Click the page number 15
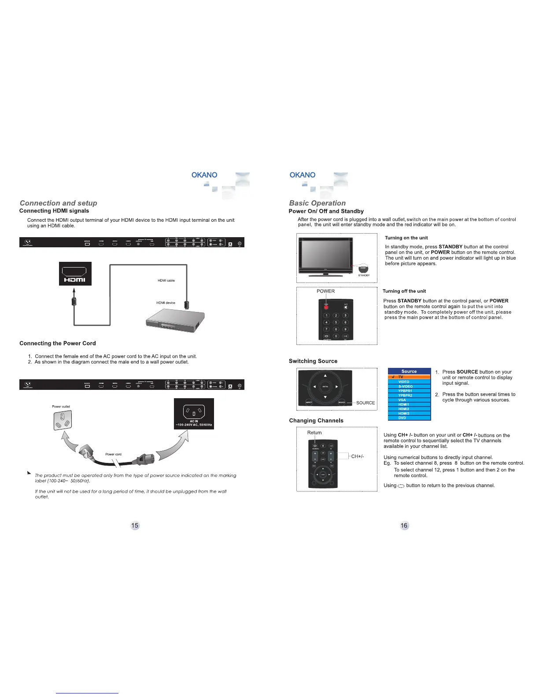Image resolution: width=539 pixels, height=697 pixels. pyautogui.click(x=135, y=525)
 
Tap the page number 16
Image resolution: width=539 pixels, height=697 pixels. pyautogui.click(x=404, y=525)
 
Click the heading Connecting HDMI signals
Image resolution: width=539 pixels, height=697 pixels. pyautogui.click(x=54, y=211)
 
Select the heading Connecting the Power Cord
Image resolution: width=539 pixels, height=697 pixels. pyautogui.click(x=58, y=343)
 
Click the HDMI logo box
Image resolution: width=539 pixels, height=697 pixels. pyautogui.click(x=75, y=274)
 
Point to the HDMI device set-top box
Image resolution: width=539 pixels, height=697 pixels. pyautogui.click(x=175, y=320)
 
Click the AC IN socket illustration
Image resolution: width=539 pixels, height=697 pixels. pyautogui.click(x=194, y=413)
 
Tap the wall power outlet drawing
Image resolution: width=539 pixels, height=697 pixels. pyautogui.click(x=62, y=420)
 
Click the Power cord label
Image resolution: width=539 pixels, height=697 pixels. pyautogui.click(x=113, y=454)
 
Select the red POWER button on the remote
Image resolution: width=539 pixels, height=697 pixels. pyautogui.click(x=326, y=307)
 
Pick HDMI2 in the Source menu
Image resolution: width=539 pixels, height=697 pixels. pyautogui.click(x=404, y=409)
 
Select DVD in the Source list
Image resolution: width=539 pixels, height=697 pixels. pyautogui.click(x=402, y=418)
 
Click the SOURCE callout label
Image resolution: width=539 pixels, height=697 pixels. pyautogui.click(x=365, y=403)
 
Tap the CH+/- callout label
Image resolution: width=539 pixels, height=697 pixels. pyautogui.click(x=358, y=456)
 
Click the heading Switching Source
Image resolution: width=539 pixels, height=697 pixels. pyautogui.click(x=313, y=361)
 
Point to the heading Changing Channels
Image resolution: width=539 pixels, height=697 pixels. pyautogui.click(x=316, y=421)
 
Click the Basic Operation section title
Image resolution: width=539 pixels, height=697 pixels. pyautogui.click(x=317, y=203)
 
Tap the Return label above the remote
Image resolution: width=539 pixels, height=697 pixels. pyautogui.click(x=314, y=433)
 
